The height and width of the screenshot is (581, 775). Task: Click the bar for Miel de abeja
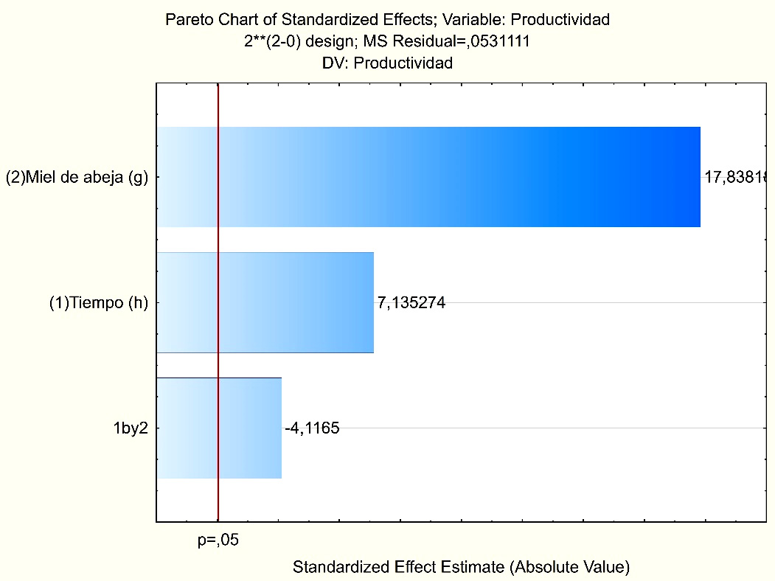tap(428, 177)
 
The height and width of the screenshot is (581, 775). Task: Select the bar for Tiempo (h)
tap(265, 302)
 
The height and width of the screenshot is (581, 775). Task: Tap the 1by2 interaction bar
tap(220, 428)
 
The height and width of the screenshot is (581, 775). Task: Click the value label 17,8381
tap(737, 177)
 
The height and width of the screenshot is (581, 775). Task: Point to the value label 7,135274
tap(411, 302)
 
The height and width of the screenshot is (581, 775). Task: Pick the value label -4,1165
tap(312, 428)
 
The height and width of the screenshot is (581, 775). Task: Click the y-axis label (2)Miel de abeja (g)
tap(77, 178)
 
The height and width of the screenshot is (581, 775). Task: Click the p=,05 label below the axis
tap(218, 540)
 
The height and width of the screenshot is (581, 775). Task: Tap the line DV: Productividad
tap(387, 63)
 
